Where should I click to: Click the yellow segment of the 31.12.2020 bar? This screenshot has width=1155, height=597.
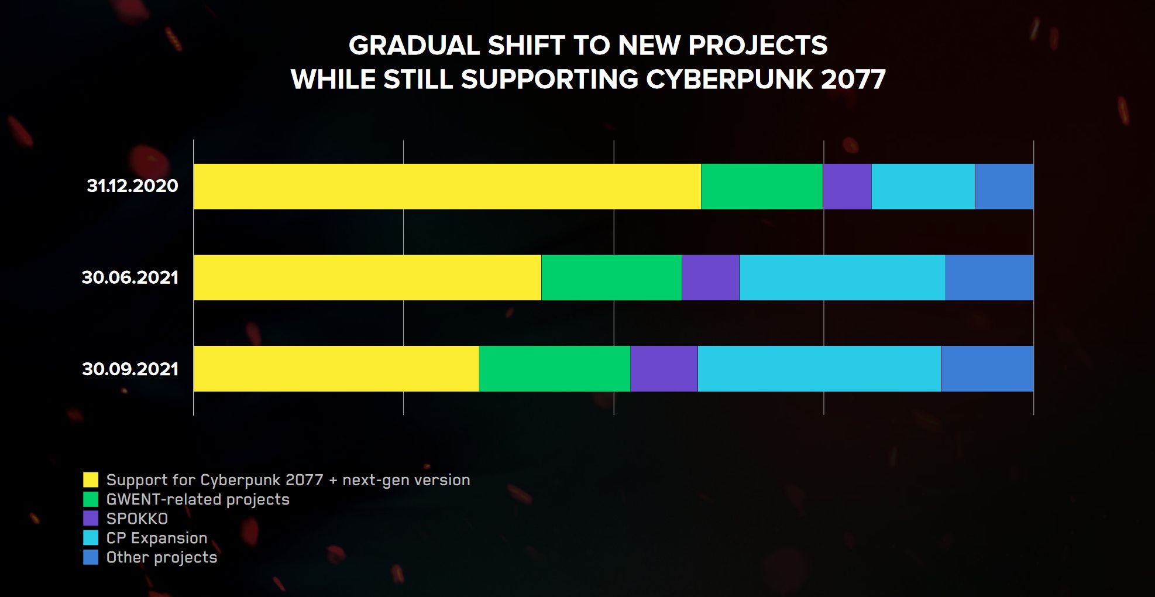point(447,186)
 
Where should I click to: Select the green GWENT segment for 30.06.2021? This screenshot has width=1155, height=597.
point(611,277)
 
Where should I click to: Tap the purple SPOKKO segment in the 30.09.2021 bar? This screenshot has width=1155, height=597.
point(664,369)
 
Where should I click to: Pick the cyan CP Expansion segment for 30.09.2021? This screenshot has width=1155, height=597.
point(819,369)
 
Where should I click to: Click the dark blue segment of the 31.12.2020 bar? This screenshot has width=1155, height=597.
point(1004,186)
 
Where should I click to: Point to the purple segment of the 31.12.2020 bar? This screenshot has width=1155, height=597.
point(847,186)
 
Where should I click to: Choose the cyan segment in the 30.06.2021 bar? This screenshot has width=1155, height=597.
point(842,277)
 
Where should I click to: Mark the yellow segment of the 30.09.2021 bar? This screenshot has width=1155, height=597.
point(336,369)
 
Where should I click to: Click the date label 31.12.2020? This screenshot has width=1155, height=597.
point(132,186)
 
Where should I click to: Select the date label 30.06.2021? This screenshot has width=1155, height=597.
point(130,277)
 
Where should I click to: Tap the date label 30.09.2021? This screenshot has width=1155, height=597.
point(130,369)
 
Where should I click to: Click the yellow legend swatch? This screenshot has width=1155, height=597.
point(91,480)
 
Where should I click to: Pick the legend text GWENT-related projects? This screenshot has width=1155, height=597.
point(198,499)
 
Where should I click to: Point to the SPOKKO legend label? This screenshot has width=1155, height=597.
point(137,519)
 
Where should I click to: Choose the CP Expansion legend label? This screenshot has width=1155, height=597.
point(157,538)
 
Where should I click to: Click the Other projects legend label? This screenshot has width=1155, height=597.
point(161,557)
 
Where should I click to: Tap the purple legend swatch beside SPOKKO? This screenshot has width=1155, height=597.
point(91,519)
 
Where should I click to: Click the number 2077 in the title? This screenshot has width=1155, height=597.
point(853,80)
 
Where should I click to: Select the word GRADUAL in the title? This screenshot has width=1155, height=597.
point(414,46)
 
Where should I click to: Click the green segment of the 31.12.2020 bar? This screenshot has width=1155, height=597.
point(762,186)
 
